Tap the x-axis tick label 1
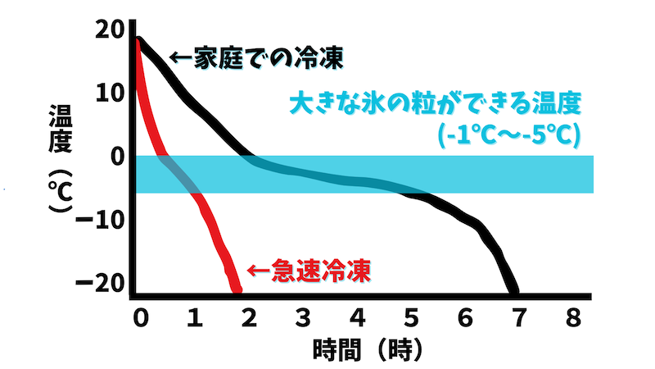pyautogui.click(x=193, y=317)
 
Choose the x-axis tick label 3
pyautogui.click(x=303, y=317)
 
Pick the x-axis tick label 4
pyautogui.click(x=357, y=317)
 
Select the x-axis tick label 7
pyautogui.click(x=519, y=317)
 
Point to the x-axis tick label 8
pyautogui.click(x=574, y=317)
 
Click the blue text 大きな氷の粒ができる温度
pyautogui.click(x=434, y=104)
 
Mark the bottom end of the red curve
pyautogui.click(x=237, y=288)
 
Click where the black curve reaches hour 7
pyautogui.click(x=513, y=289)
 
